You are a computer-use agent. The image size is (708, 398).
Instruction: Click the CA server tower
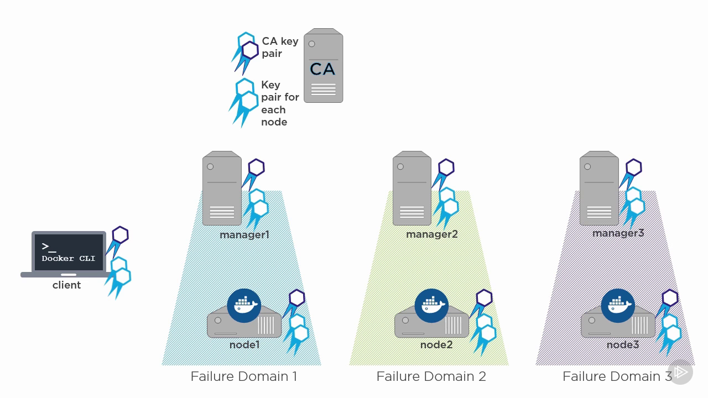(323, 66)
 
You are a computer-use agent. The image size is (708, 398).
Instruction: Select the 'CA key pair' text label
(279, 48)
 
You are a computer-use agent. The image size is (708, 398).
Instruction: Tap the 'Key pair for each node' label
(279, 103)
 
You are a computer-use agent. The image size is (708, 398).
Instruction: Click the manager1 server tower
(222, 188)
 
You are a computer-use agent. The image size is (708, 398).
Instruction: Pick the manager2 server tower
(412, 188)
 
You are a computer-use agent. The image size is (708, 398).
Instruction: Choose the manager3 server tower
(598, 188)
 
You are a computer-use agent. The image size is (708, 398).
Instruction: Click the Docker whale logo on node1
(244, 305)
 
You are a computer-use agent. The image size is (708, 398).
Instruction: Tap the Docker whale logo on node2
(431, 305)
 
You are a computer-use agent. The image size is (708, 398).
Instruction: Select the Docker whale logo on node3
(618, 305)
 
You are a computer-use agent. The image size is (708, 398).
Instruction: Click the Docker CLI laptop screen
(69, 252)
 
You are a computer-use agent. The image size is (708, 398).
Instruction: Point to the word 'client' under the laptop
(66, 285)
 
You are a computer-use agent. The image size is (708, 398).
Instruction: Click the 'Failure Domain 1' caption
(243, 376)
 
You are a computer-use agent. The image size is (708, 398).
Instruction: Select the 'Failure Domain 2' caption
(431, 376)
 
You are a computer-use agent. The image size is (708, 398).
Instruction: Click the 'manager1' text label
(244, 235)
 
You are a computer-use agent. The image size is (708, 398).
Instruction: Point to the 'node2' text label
(436, 345)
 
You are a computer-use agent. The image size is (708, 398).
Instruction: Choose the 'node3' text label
(622, 345)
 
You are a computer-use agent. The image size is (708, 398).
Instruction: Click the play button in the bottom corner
(680, 372)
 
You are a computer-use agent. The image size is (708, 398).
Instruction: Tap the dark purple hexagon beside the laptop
(120, 235)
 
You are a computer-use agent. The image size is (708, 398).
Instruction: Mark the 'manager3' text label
(618, 233)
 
